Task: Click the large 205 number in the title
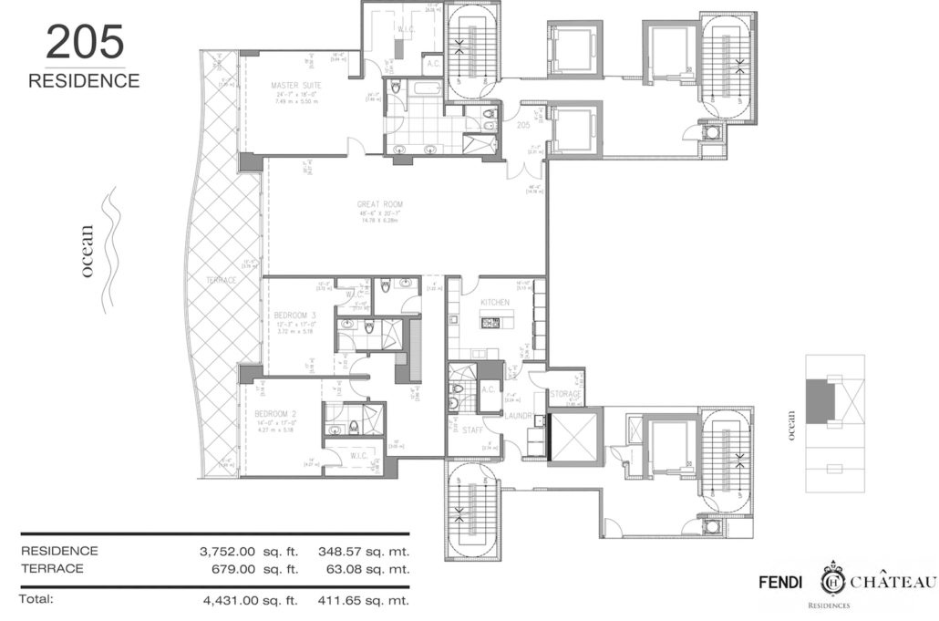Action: click(83, 44)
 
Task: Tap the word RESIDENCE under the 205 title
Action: click(84, 81)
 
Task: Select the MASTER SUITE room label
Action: click(292, 86)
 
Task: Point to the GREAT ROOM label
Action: click(381, 204)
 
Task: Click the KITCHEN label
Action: click(483, 302)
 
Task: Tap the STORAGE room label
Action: click(565, 393)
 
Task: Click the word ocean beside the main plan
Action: click(88, 258)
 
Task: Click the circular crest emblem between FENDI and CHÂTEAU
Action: click(832, 580)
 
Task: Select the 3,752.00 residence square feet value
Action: click(232, 551)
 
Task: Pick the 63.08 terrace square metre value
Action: click(357, 568)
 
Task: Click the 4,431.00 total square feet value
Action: click(232, 600)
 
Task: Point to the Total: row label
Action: click(38, 599)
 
